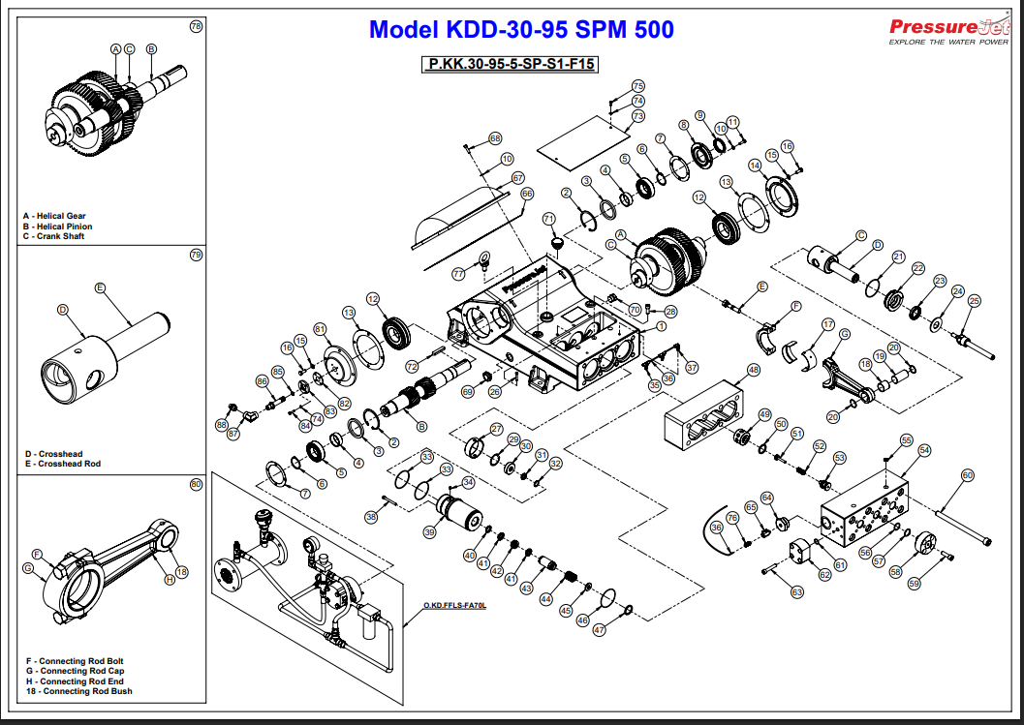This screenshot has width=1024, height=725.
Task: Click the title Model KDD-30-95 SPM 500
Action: tap(521, 30)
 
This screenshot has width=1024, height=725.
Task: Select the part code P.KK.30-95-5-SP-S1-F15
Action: tap(510, 65)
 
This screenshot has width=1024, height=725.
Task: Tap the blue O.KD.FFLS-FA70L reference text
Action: tap(453, 606)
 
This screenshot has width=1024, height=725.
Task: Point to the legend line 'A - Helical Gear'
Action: tap(55, 216)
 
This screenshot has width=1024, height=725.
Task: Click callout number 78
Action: tap(197, 27)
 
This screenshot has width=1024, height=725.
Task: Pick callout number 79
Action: tap(197, 256)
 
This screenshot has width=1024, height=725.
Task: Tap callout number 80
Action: tap(197, 484)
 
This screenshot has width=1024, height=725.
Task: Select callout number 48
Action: tap(754, 370)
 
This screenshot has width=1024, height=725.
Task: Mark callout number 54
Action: tap(924, 450)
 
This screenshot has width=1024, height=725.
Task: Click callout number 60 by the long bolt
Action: tap(967, 475)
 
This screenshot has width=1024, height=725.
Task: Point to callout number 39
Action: tap(430, 532)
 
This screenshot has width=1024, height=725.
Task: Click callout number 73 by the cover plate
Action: tap(637, 116)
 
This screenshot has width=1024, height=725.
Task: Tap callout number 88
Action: tap(222, 424)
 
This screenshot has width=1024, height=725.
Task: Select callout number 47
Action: tap(599, 629)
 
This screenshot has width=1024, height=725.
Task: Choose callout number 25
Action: tap(975, 300)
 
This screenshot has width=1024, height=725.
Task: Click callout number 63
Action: tap(797, 590)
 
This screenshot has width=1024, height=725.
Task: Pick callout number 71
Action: tap(548, 219)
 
